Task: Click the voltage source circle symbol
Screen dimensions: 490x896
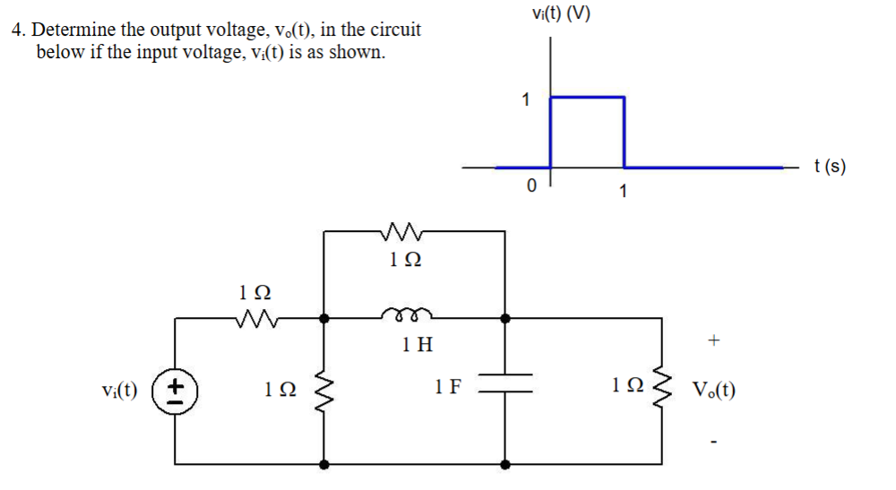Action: coord(176,391)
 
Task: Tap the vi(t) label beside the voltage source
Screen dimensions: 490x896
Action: coord(119,391)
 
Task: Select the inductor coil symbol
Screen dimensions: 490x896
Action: coord(408,314)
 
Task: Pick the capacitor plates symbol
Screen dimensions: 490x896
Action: coord(505,391)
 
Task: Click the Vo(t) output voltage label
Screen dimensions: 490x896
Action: coord(713,391)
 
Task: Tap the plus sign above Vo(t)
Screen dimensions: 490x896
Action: coord(713,340)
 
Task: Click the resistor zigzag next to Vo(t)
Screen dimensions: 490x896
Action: coord(664,391)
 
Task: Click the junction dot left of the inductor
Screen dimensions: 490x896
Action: coord(324,317)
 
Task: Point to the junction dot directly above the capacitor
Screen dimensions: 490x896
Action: coord(505,317)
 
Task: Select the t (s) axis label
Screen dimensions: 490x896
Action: coord(830,167)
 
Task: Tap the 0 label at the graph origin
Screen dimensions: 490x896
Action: coord(531,186)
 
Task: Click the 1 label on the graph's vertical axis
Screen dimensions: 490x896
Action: coord(527,99)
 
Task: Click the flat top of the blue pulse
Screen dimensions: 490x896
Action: coord(587,97)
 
